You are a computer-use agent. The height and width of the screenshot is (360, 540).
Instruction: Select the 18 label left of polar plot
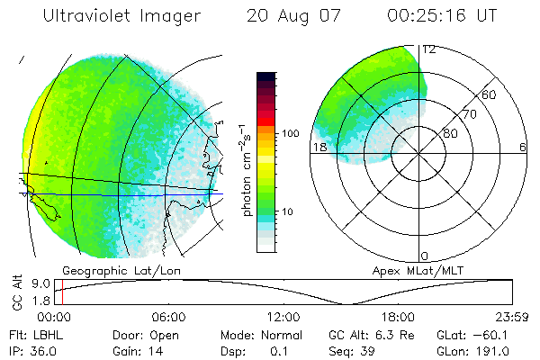(x=317, y=147)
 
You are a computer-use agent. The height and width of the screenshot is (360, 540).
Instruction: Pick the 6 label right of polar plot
(x=523, y=147)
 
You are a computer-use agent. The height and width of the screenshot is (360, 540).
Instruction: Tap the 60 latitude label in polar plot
(x=490, y=94)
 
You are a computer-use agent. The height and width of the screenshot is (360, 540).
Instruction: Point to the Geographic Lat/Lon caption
(x=107, y=270)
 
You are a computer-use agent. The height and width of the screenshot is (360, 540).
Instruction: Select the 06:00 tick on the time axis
(x=168, y=317)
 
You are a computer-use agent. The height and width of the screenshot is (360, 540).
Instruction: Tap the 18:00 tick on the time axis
(x=397, y=317)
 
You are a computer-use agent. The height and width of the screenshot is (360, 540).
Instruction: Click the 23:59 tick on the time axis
(x=510, y=317)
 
